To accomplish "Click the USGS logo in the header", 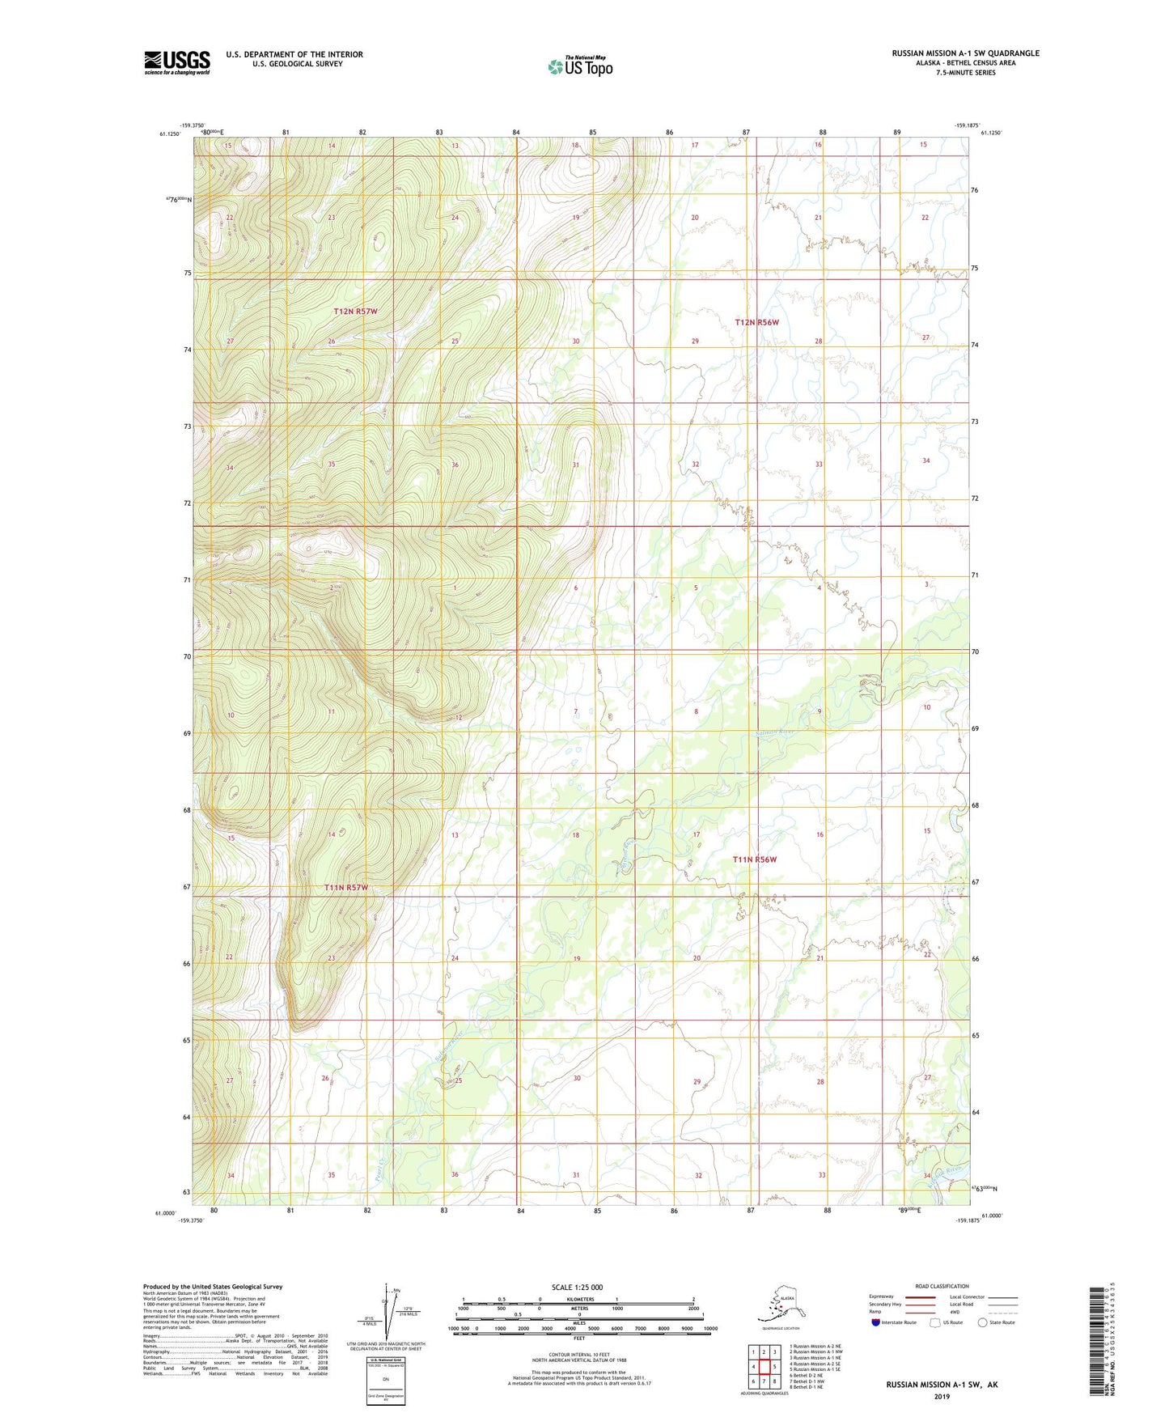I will (176, 62).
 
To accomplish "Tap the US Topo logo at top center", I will (579, 66).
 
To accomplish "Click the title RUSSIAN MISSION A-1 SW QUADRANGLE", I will (965, 53).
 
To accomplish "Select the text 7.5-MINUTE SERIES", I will (965, 73).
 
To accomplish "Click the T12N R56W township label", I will (756, 323).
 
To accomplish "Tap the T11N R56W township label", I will (754, 859).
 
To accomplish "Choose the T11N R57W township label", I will (346, 888).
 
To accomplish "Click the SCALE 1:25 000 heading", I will (577, 1288).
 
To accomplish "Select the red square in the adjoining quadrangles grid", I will (764, 1367).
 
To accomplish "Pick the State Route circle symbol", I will (983, 1322).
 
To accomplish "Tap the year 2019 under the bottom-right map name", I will (942, 1396).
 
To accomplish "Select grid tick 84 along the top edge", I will (515, 132).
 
